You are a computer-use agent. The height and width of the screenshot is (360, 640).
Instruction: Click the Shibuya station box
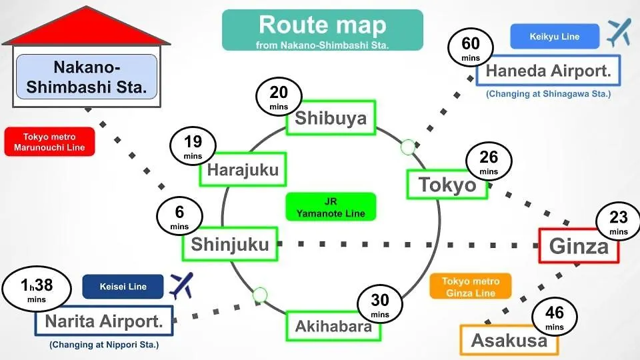click(x=331, y=118)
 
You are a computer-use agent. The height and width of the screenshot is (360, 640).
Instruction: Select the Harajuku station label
click(x=243, y=170)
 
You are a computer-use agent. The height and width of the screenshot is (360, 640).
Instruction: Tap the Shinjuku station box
click(x=230, y=244)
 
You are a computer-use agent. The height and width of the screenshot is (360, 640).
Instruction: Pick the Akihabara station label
click(x=334, y=326)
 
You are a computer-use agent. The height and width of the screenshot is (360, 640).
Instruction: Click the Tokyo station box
click(x=447, y=185)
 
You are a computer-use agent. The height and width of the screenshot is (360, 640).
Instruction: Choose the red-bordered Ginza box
click(x=579, y=247)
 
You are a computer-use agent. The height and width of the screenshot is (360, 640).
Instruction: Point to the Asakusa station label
click(x=509, y=341)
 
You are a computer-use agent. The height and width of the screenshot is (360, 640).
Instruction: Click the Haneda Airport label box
click(x=549, y=71)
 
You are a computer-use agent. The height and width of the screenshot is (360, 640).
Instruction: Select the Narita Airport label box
click(x=104, y=322)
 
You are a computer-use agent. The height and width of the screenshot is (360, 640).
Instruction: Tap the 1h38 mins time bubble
click(x=37, y=289)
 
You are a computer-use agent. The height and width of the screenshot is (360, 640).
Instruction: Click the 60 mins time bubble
click(x=471, y=49)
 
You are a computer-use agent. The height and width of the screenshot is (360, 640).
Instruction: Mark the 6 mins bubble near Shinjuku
click(x=179, y=217)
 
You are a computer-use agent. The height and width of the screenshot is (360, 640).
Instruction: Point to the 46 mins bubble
click(x=555, y=317)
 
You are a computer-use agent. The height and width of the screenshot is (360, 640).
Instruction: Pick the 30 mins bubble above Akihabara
click(x=380, y=305)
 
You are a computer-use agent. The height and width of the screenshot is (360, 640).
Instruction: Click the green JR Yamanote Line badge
click(x=331, y=207)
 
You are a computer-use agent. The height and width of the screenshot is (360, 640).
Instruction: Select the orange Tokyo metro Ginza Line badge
click(x=471, y=287)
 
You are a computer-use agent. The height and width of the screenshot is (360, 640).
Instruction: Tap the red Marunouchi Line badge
click(x=49, y=142)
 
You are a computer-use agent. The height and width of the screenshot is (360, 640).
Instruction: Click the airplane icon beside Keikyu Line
click(x=619, y=33)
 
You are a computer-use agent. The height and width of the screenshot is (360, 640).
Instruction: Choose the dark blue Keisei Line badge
click(x=123, y=287)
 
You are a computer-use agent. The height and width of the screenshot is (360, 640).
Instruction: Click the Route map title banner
click(x=323, y=30)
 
